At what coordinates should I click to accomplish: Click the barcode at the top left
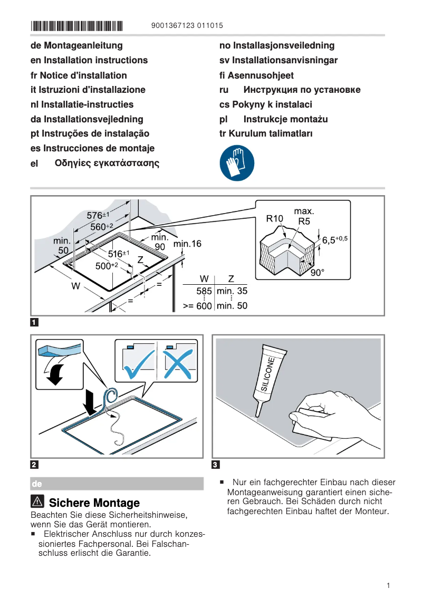pos(76,25)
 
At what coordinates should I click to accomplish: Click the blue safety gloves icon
pos(237,163)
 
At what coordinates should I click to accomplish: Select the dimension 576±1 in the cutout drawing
pos(98,215)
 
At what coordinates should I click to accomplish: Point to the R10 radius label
pos(275,218)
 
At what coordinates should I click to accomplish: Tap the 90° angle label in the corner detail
pos(318,273)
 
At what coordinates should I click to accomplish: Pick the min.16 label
pos(187,244)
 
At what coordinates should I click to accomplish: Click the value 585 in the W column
pos(204,291)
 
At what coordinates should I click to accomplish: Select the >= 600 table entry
pos(197,305)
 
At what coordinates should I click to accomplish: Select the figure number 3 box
pos(215,465)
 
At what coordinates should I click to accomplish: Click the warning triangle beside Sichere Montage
pos(37,501)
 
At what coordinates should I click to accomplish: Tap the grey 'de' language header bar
pos(117,484)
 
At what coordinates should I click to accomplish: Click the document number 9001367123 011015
pos(187,25)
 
